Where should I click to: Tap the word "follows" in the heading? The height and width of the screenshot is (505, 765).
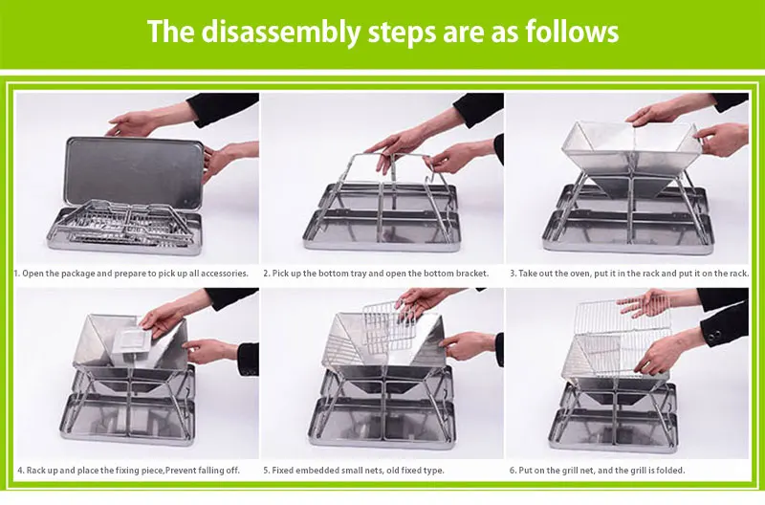pyautogui.click(x=572, y=32)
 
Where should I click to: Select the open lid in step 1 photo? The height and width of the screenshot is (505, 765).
pyautogui.click(x=135, y=172)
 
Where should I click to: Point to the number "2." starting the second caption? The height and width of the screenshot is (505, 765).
pyautogui.click(x=267, y=274)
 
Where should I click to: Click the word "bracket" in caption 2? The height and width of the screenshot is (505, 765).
pyautogui.click(x=471, y=274)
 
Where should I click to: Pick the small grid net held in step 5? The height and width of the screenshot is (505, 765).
pyautogui.click(x=388, y=327)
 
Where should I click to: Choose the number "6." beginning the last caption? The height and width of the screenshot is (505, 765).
pyautogui.click(x=513, y=471)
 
